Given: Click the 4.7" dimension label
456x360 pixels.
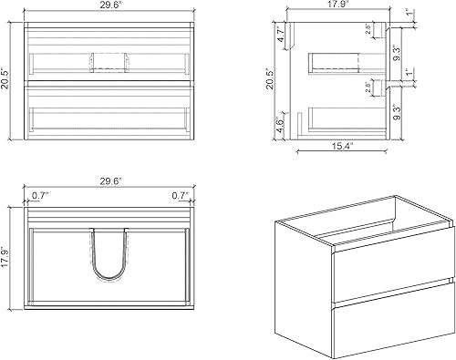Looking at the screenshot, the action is (281, 37).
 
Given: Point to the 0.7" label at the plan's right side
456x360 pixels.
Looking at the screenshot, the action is (178, 195).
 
